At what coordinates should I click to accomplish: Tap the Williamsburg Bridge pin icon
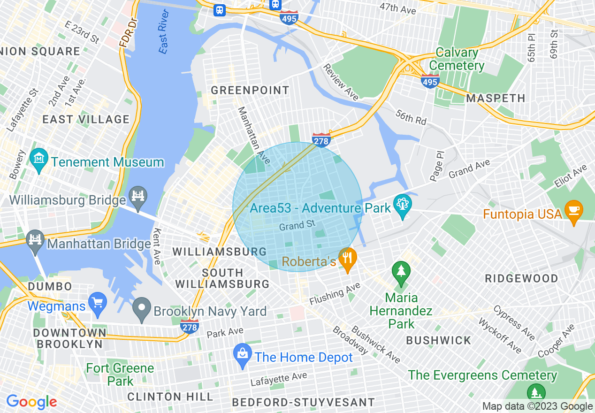point(138,196)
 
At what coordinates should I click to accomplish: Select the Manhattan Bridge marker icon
point(36,240)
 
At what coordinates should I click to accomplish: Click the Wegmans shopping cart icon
point(98,303)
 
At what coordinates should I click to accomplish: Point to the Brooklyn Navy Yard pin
point(141,307)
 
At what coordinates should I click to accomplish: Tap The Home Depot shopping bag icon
point(243,356)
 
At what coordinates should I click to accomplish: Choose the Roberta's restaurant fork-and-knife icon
point(347,259)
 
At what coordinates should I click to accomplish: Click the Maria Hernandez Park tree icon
point(401,272)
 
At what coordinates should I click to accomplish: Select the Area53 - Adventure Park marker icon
point(403,205)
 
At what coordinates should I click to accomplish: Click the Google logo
point(31,402)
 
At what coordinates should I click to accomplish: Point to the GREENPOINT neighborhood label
point(250,90)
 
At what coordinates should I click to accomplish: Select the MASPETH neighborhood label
point(496,98)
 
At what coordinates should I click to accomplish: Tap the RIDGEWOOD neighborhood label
point(521,278)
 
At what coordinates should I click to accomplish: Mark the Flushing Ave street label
point(335,293)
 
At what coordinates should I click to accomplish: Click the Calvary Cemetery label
point(457,59)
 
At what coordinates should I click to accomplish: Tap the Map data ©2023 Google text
point(537,406)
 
